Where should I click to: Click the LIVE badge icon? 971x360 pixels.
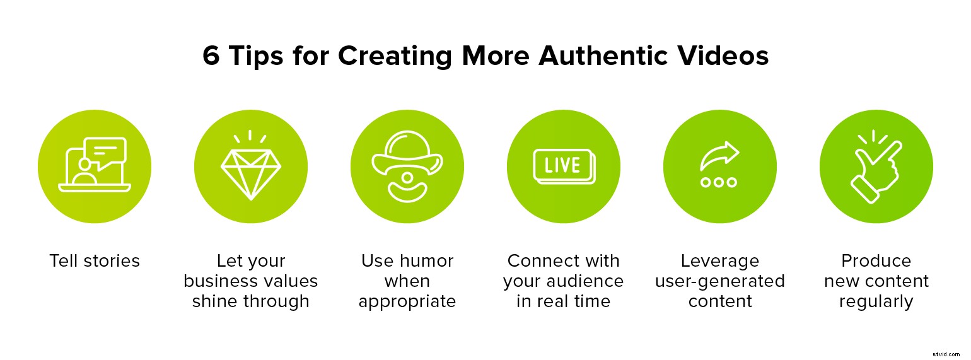(563, 166)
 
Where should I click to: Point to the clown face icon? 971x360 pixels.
(407, 167)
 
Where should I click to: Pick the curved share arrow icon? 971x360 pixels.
(719, 155)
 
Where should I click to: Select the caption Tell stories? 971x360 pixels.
(95, 261)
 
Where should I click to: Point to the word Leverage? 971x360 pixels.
(719, 261)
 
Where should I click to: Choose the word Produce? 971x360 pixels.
(876, 261)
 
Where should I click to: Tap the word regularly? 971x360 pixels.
(876, 302)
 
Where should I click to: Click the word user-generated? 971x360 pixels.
(719, 281)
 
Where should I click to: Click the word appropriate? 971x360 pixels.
(407, 302)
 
